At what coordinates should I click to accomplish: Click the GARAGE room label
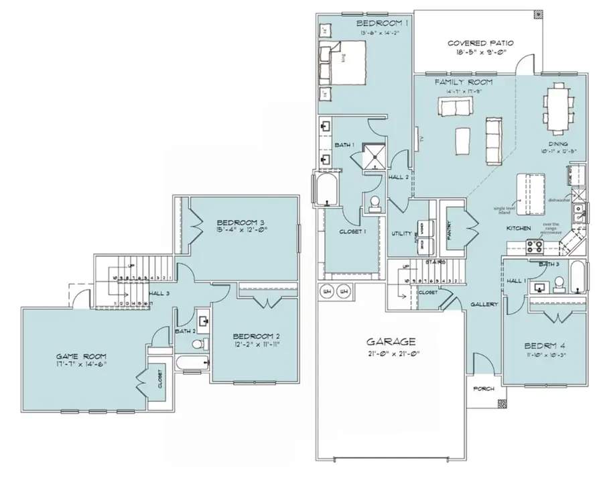394,341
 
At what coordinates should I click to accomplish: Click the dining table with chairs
557,107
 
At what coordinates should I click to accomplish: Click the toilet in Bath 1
374,204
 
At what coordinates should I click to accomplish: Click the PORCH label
484,389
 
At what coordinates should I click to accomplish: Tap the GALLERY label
484,304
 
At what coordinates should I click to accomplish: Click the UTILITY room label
401,233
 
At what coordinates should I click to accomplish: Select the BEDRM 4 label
543,347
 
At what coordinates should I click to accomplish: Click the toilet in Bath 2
197,343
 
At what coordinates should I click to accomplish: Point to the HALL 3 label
159,292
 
